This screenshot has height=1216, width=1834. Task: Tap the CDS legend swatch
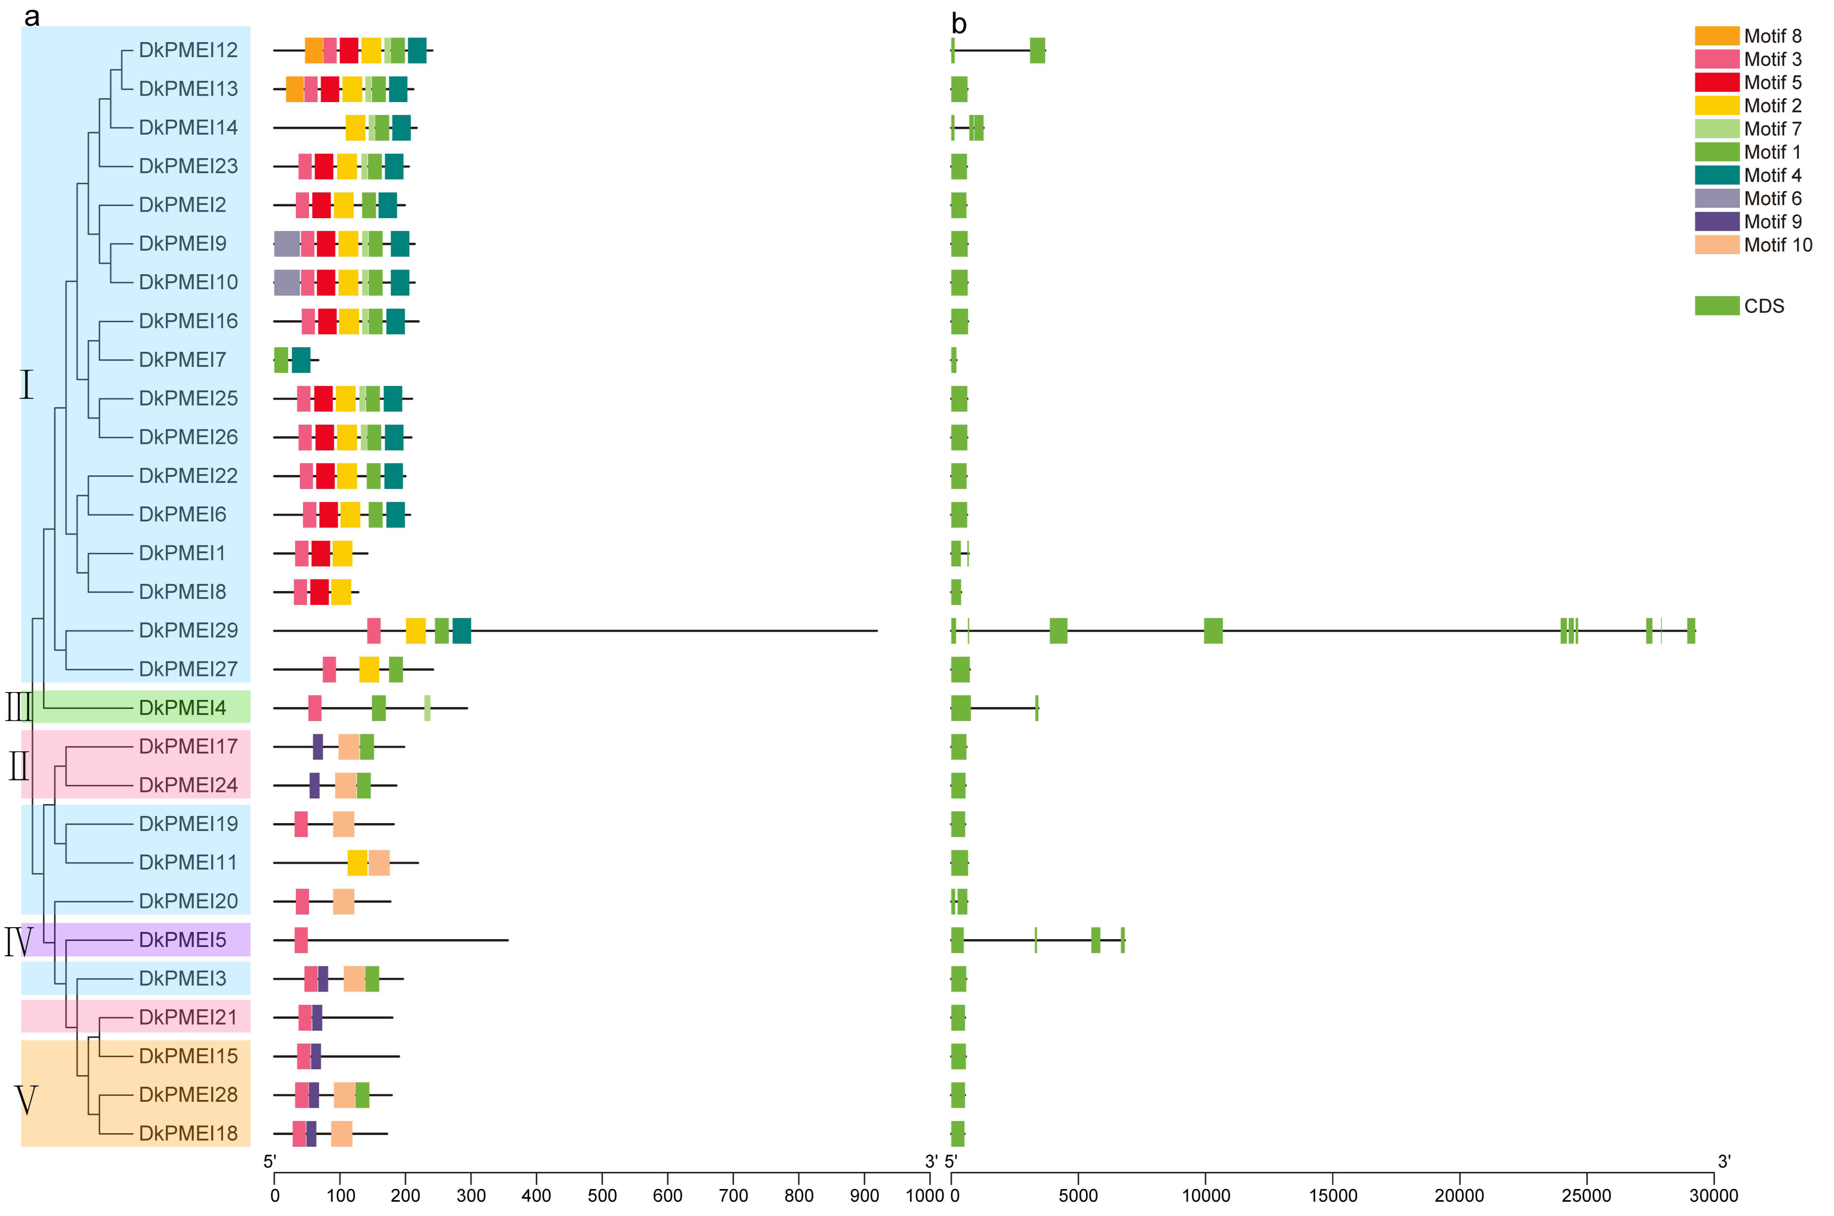pyautogui.click(x=1716, y=306)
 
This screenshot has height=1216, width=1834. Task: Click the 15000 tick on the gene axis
pyautogui.click(x=1332, y=1195)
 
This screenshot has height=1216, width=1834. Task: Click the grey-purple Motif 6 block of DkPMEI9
pyautogui.click(x=287, y=244)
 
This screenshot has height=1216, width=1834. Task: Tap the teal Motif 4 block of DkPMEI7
pyautogui.click(x=301, y=360)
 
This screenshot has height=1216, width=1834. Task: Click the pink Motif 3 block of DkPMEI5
pyautogui.click(x=301, y=940)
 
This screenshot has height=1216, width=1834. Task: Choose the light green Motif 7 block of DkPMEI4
pyautogui.click(x=427, y=708)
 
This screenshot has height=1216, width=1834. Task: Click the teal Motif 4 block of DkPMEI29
pyautogui.click(x=461, y=631)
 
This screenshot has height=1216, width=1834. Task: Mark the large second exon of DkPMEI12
pyautogui.click(x=1037, y=50)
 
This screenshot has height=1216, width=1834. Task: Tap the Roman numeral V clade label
pyautogui.click(x=26, y=1100)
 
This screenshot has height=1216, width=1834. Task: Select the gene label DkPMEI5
pyautogui.click(x=182, y=940)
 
